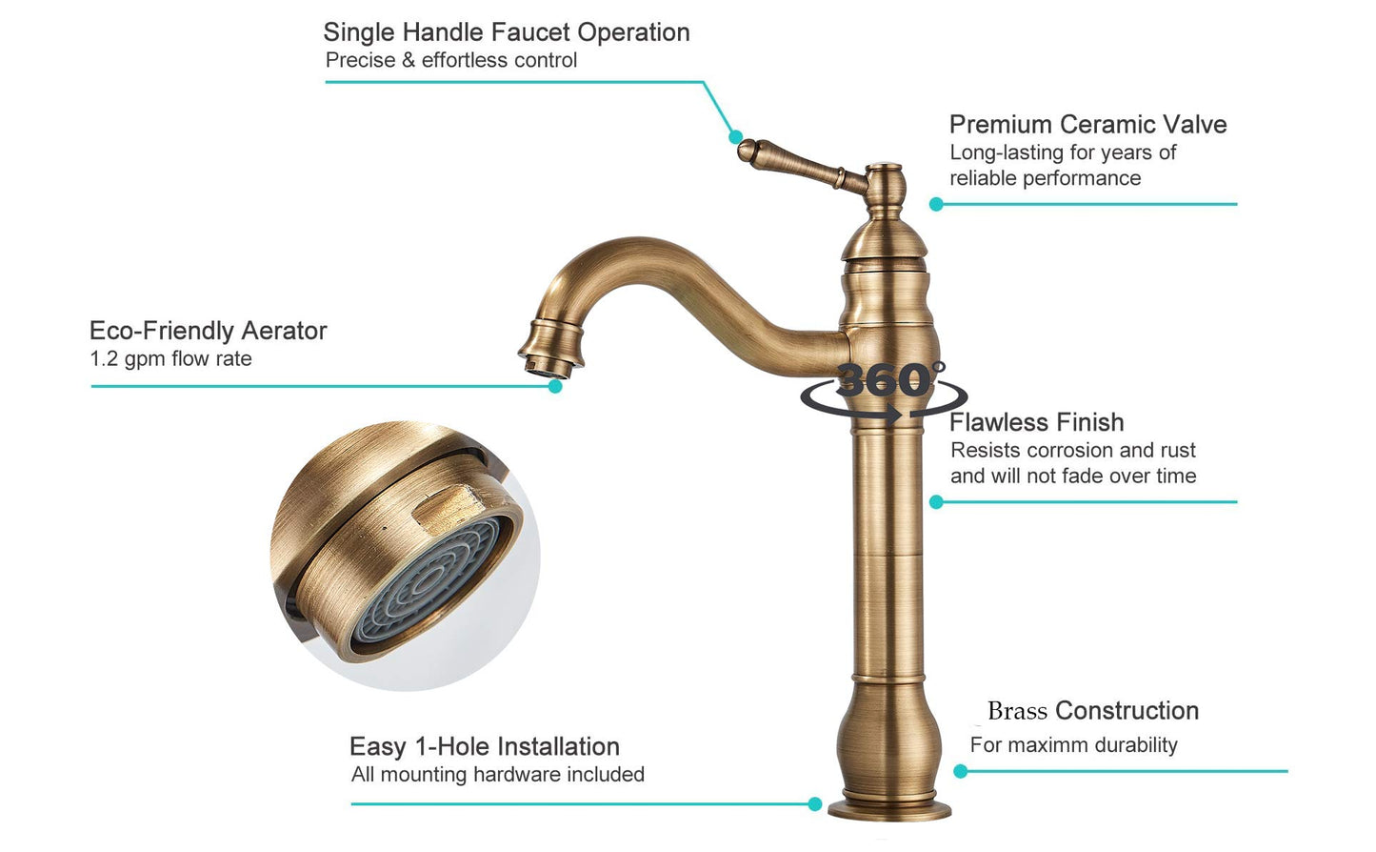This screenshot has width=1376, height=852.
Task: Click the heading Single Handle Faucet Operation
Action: [x=507, y=33]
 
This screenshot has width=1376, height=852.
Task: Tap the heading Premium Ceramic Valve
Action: [x=1087, y=125]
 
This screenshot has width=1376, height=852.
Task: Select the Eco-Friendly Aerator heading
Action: [x=209, y=331]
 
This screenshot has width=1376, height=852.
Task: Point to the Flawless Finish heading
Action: [x=1036, y=422]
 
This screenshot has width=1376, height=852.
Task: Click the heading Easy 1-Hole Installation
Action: [x=485, y=746]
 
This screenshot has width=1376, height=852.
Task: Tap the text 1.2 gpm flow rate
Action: [x=170, y=359]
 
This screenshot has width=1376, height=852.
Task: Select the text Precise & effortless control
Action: [x=450, y=60]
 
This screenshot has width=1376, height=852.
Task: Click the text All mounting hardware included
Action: [x=498, y=775]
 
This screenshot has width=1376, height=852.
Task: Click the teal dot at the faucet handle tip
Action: [x=735, y=137]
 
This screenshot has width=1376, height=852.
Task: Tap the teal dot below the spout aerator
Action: [x=555, y=386]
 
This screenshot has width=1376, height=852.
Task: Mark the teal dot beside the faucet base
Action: [x=815, y=804]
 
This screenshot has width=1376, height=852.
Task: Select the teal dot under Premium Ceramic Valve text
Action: [x=936, y=204]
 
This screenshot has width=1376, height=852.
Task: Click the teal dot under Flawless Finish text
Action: [x=936, y=502]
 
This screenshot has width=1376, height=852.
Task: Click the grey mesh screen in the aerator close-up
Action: [x=430, y=582]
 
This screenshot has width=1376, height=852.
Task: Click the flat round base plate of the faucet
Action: [x=888, y=809]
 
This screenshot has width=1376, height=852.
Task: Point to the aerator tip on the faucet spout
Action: [x=548, y=368]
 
